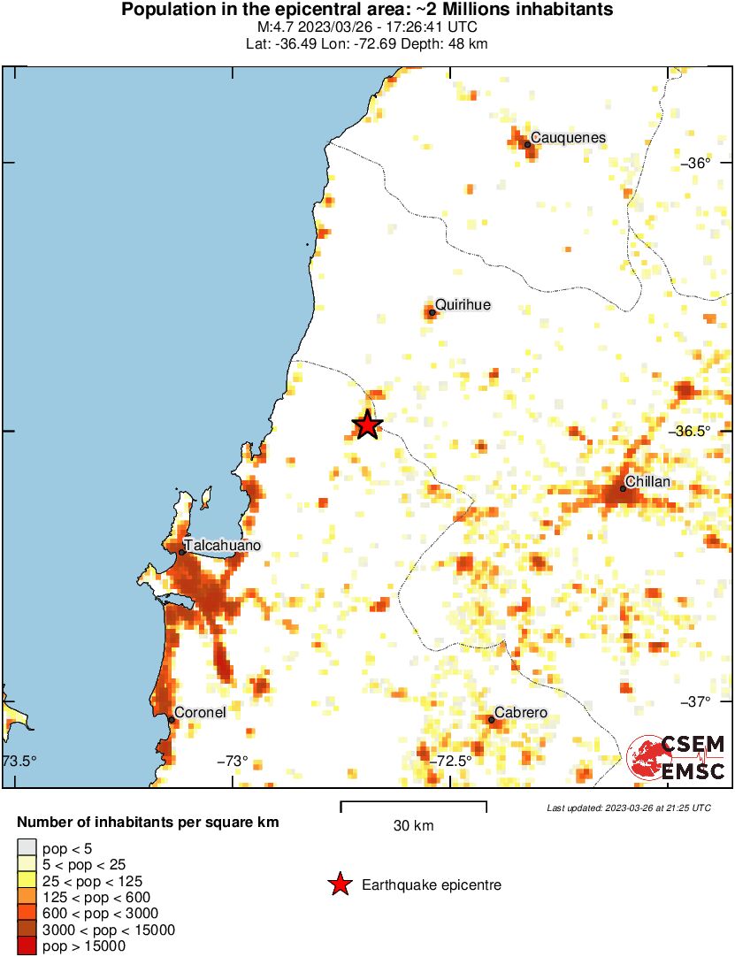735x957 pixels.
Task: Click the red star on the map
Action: (367, 425)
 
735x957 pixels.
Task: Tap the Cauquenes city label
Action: (568, 137)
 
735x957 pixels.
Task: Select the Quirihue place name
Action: (463, 305)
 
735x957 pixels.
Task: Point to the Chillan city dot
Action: (623, 488)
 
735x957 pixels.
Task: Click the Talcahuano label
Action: (222, 546)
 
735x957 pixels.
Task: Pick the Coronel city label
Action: (200, 712)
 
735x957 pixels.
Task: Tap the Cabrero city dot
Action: (492, 719)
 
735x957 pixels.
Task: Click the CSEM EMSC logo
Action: (677, 759)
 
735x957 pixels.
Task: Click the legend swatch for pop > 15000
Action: (27, 946)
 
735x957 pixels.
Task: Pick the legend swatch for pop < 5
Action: (27, 848)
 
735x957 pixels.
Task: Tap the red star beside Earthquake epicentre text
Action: (339, 884)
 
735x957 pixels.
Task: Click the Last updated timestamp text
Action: (628, 808)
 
